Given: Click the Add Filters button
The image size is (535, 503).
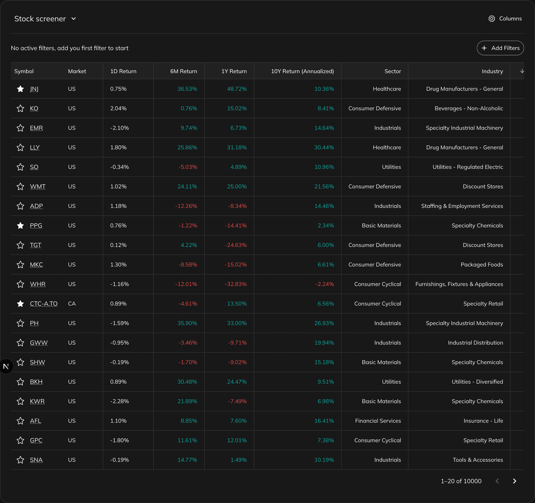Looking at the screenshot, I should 500,48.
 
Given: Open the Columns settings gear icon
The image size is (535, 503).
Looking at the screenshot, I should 492,19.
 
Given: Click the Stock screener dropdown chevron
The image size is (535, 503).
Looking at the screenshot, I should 74,19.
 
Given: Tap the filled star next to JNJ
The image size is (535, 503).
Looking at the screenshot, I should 20,89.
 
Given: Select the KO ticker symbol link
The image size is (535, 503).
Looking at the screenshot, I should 34,108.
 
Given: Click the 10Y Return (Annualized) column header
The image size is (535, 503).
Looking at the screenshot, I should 302,71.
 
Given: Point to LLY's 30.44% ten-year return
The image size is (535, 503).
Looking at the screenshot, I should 324,147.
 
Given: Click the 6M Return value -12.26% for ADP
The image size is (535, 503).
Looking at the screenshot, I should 186,206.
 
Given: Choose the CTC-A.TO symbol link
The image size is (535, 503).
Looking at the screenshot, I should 44,304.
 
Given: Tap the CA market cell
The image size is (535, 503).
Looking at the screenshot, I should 72,304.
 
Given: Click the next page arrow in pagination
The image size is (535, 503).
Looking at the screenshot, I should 514,481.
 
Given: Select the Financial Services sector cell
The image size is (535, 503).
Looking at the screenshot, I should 378,421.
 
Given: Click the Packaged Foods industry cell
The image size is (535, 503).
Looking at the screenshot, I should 481,264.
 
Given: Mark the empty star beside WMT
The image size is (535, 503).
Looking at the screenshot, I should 20,187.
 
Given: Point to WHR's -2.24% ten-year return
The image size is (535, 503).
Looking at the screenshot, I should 324,284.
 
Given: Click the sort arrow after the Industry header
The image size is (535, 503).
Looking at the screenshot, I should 522,71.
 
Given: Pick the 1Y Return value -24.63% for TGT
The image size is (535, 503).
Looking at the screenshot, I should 236,245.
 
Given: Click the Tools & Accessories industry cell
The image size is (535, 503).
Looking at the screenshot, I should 478,460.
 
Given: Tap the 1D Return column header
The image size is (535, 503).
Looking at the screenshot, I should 123,71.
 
